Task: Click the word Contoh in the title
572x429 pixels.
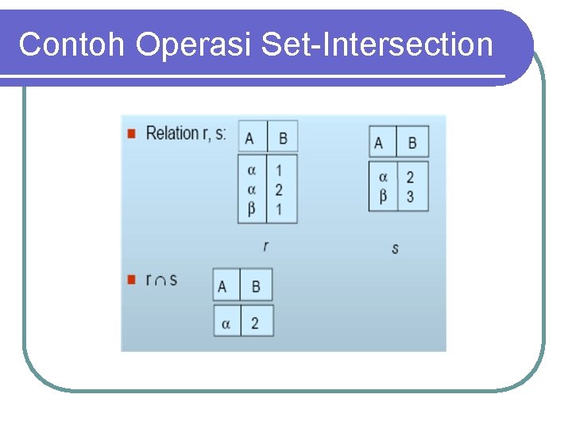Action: [x=72, y=44]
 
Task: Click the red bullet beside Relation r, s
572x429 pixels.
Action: [x=132, y=133]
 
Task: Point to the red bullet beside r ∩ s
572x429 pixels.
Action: [x=132, y=280]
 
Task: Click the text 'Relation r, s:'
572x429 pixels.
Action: [x=186, y=133]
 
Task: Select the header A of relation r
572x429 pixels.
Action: [x=250, y=137]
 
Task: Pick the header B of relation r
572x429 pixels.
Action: [x=282, y=137]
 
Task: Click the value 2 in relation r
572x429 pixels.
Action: [x=279, y=189]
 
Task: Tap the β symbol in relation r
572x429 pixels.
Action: [x=252, y=208]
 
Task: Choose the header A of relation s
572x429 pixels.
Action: [x=379, y=143]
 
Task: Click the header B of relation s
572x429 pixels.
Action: [x=412, y=143]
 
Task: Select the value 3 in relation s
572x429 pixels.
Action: [x=410, y=196]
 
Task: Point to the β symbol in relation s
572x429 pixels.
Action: [x=383, y=195]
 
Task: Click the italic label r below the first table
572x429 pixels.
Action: [x=265, y=245]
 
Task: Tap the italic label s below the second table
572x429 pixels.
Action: [x=395, y=249]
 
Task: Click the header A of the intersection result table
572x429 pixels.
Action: [x=222, y=287]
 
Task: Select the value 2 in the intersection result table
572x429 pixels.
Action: [x=255, y=323]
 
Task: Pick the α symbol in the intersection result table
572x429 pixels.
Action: [x=226, y=323]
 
